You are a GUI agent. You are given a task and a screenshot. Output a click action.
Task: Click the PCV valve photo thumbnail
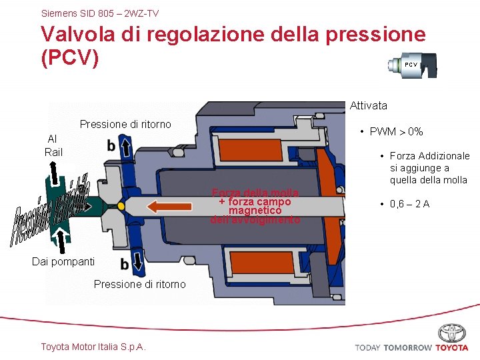pos(413,65)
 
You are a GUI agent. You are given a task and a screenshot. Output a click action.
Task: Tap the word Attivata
pos(368,105)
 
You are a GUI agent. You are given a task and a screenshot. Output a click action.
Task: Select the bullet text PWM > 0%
pos(396,131)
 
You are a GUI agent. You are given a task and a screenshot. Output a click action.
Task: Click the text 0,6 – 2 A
pos(409,203)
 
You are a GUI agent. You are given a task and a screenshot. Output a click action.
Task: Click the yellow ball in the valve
pos(121,206)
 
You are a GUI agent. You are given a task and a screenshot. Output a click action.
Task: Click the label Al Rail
pos(53,145)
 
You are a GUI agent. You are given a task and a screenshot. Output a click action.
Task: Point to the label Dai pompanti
pos(63,261)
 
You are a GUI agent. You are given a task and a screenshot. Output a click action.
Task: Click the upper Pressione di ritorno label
pos(125,124)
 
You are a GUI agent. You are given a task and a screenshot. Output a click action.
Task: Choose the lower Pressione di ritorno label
pos(140,284)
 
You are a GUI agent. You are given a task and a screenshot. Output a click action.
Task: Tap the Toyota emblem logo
pos(452,333)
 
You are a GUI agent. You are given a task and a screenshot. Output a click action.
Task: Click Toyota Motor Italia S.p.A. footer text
pos(93,346)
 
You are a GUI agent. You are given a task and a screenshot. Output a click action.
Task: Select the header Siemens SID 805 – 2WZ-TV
pos(100,13)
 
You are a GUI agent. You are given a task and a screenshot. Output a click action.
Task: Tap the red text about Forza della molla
pos(255,206)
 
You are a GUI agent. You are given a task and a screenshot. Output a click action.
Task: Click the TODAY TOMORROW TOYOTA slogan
pos(411,347)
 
